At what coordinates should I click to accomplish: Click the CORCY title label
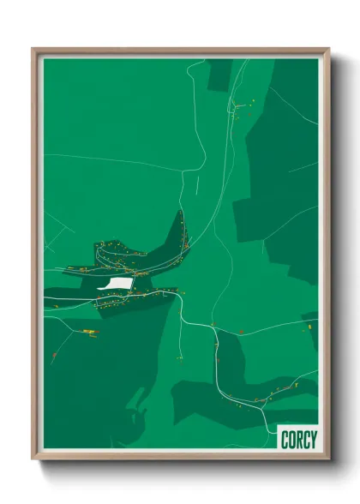(x=298, y=439)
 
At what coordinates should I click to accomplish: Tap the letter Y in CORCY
(x=313, y=439)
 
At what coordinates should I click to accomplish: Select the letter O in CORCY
(x=291, y=439)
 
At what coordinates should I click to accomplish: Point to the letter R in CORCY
(x=297, y=439)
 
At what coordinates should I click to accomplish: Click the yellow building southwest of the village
(x=88, y=330)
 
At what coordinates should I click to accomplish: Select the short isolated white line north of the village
(x=196, y=183)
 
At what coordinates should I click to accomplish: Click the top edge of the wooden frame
(x=180, y=51)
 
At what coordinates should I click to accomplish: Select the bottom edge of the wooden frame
(x=180, y=455)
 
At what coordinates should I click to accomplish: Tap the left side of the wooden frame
(x=36, y=253)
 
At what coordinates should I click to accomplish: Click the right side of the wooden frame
(x=325, y=253)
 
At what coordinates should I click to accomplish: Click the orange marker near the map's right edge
(x=306, y=327)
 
